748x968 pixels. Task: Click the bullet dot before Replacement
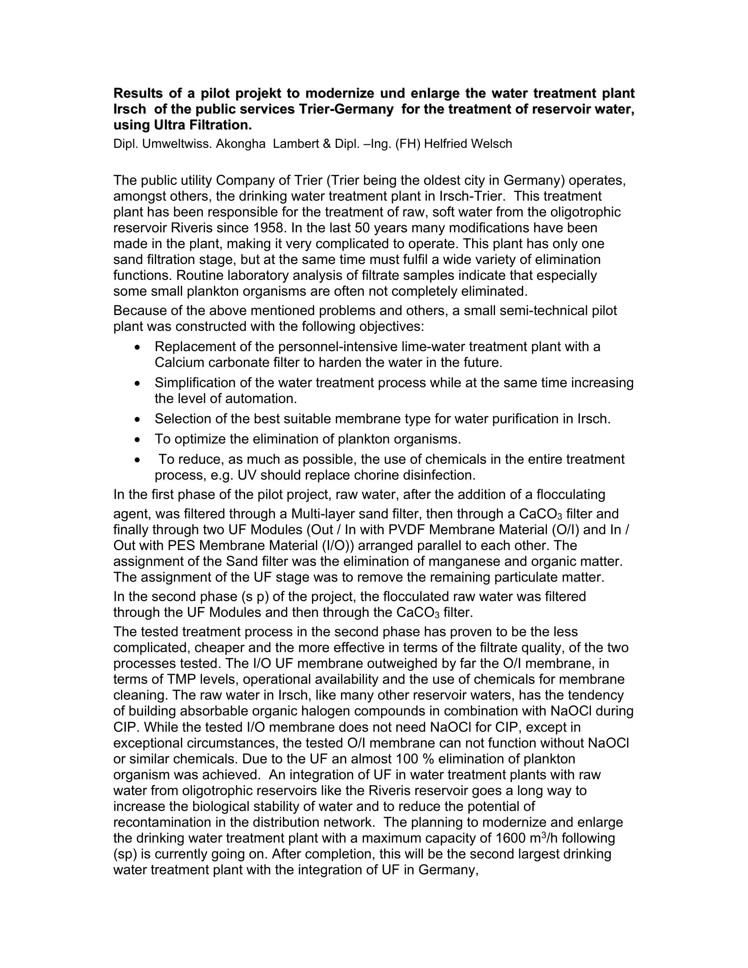139,347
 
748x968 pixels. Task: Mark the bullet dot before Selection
139,419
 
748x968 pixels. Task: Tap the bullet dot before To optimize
139,440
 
